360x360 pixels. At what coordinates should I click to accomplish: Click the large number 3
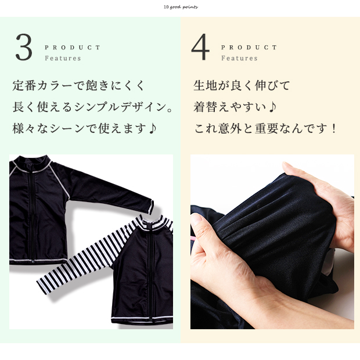24,47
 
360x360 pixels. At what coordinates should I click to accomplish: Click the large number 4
200,47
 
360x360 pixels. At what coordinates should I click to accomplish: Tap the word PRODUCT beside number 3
73,48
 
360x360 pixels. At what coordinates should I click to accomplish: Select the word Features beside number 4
239,58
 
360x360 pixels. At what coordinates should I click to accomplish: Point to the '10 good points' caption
181,7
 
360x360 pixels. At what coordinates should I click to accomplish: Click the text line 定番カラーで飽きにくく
78,85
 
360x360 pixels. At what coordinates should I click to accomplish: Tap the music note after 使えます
153,128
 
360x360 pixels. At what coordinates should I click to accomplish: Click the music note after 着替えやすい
272,107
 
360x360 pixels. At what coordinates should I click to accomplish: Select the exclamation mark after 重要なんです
334,128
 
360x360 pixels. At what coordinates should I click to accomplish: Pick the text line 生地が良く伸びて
242,85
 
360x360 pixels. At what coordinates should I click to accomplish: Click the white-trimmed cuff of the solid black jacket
150,207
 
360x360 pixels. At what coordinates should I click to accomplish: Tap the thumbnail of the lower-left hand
197,219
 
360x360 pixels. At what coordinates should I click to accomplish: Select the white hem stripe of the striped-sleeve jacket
142,319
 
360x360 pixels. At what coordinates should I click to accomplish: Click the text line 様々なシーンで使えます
79,128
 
